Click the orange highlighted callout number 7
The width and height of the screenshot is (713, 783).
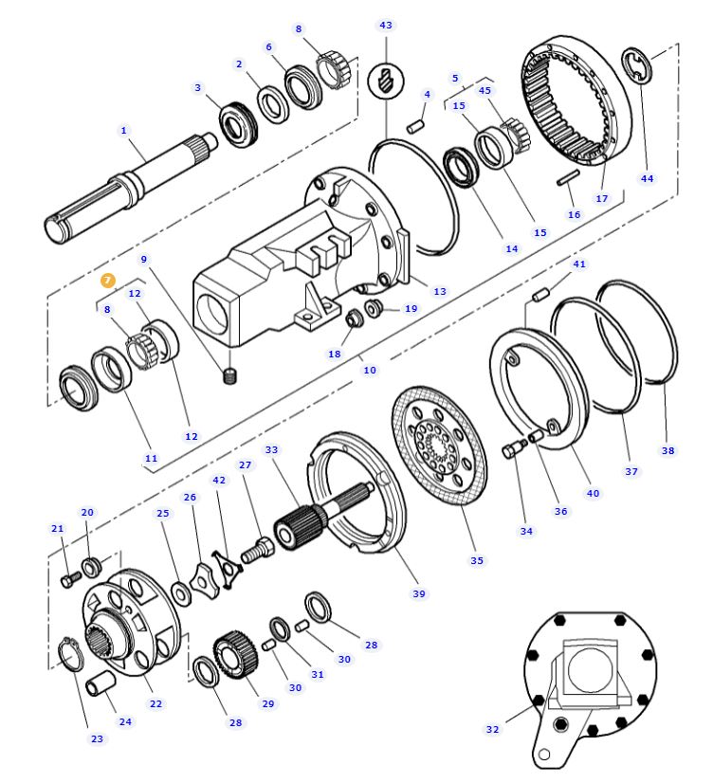click(108, 281)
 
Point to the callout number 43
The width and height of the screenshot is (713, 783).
click(385, 25)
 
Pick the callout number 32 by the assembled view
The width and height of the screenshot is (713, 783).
click(492, 729)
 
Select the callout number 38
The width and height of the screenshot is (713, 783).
click(668, 450)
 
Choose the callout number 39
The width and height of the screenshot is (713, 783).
click(418, 593)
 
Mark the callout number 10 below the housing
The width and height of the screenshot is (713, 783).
click(370, 370)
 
